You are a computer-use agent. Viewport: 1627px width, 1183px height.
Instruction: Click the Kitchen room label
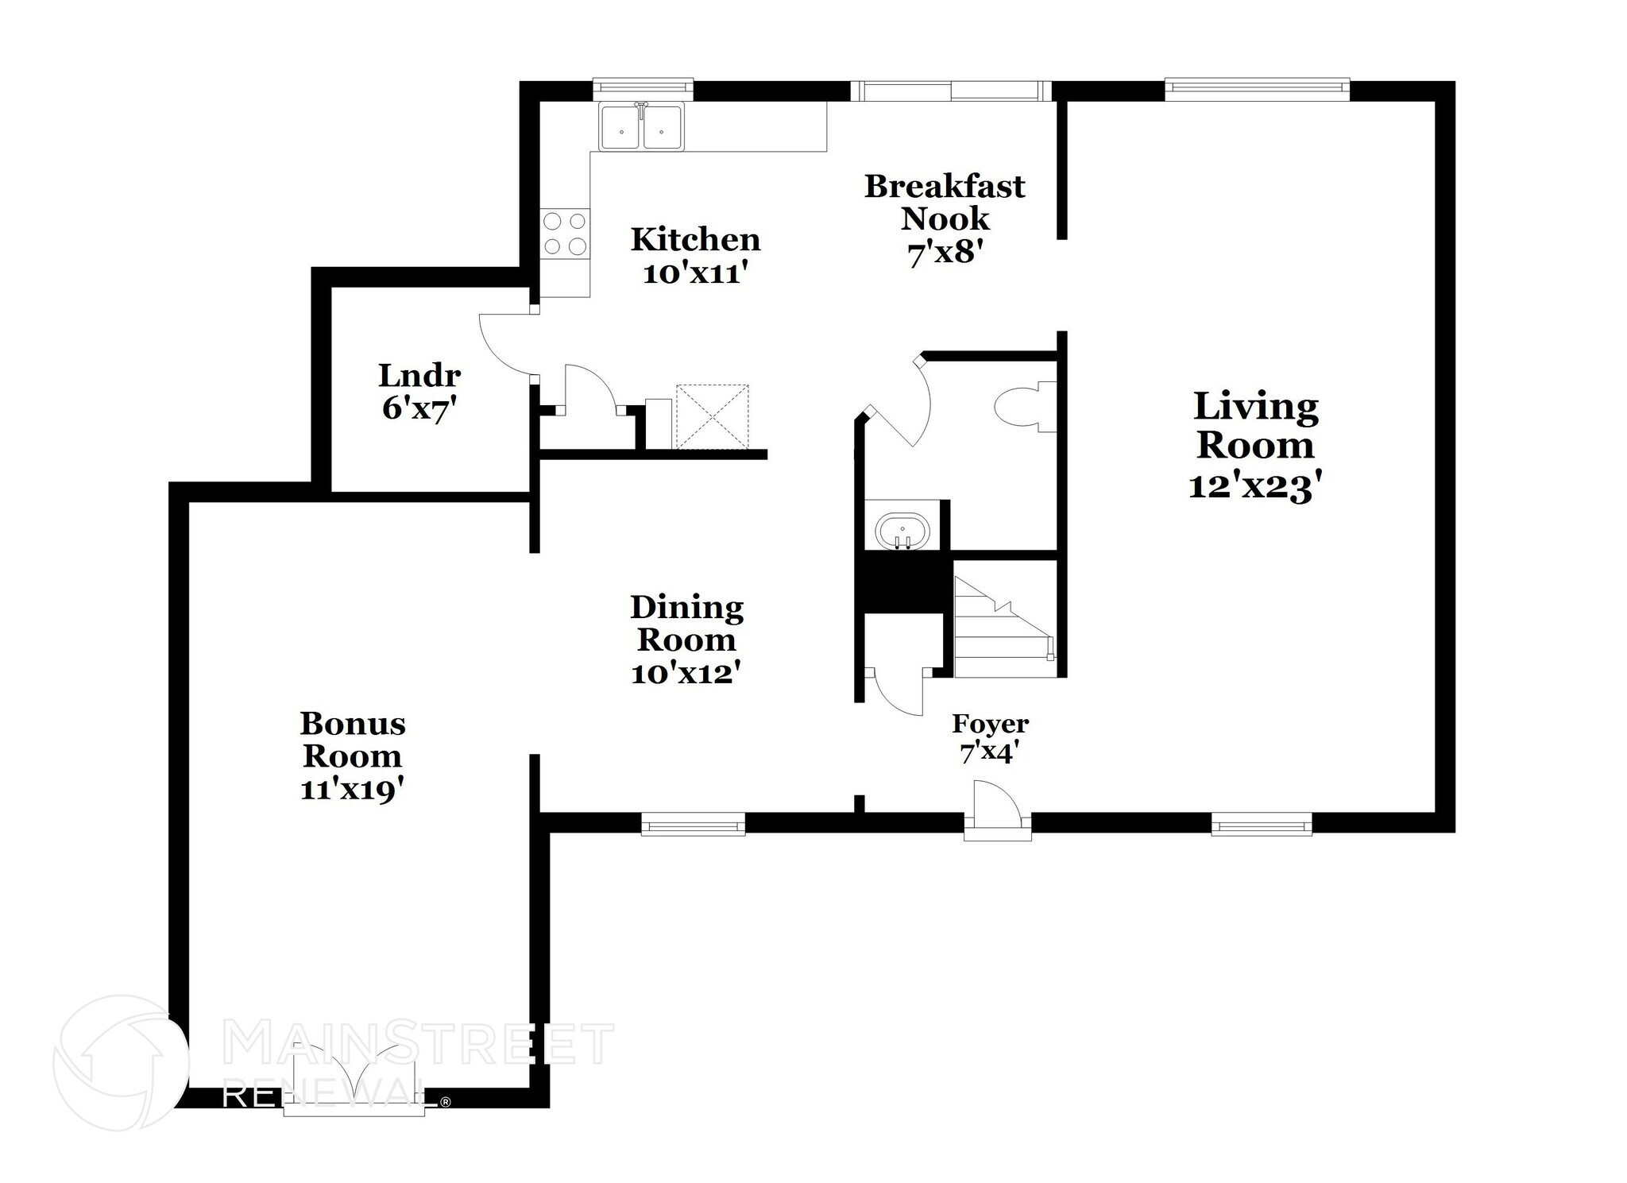pos(695,239)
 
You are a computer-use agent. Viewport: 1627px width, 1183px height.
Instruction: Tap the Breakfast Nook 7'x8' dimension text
pos(945,253)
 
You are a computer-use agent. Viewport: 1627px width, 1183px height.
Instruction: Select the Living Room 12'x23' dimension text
pos(1254,486)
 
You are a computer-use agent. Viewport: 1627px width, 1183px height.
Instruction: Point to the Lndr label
pos(419,374)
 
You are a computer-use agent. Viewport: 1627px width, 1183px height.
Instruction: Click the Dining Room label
pos(687,623)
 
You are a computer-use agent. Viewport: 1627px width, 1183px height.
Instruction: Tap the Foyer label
pos(990,724)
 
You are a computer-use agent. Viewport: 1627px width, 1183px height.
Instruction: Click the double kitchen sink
pos(642,127)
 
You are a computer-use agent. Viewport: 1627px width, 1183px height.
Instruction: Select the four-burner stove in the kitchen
pos(565,234)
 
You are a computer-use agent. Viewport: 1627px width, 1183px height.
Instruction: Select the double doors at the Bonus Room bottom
pos(354,1081)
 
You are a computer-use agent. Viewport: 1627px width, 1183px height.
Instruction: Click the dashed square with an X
pos(712,416)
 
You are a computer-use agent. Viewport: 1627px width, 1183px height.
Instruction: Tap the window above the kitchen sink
pos(643,89)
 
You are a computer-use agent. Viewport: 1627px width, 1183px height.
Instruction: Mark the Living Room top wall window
pos(1257,89)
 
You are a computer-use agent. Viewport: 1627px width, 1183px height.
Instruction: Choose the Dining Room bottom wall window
pos(693,824)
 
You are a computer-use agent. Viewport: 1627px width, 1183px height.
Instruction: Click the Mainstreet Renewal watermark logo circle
pos(121,1062)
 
